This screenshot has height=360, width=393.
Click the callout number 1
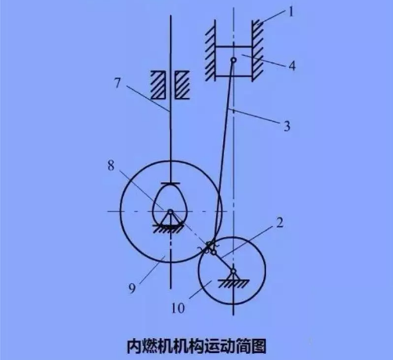coord(291,12)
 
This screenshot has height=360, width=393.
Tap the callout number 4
coord(292,66)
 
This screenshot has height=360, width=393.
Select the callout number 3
coord(287,126)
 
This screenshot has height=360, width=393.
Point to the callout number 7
coord(117,84)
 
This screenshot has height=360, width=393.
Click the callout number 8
coord(111,166)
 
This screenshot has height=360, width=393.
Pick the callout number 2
coord(279,223)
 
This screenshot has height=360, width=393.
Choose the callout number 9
coord(132,289)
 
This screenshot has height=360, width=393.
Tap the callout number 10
coord(178,308)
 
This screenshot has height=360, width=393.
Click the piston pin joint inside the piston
coord(233,60)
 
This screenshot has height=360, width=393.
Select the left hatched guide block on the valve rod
coord(158,85)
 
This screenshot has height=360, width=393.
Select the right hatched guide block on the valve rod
coord(182,85)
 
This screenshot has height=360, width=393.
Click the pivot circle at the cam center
coord(171,211)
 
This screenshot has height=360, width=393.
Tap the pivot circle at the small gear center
coord(233,271)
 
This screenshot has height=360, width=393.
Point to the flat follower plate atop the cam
coord(171,183)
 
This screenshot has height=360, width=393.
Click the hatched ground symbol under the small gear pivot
coord(233,283)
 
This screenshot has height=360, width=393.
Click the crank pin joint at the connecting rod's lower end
coord(214,253)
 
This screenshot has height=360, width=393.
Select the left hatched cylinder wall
coord(210,51)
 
